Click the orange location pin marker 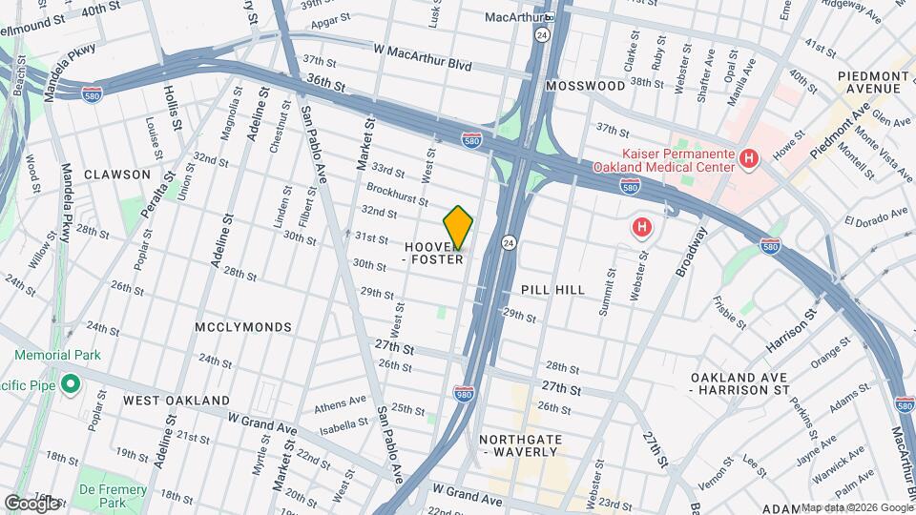pyautogui.click(x=458, y=228)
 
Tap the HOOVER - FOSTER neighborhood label pyautogui.click(x=434, y=253)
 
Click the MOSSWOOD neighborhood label pyautogui.click(x=585, y=86)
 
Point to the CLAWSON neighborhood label pyautogui.click(x=117, y=175)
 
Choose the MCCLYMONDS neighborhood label pyautogui.click(x=243, y=327)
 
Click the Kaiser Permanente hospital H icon pyautogui.click(x=749, y=158)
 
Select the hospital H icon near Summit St pyautogui.click(x=643, y=228)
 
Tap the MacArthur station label pyautogui.click(x=513, y=17)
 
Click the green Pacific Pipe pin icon pyautogui.click(x=69, y=384)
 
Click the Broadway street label pyautogui.click(x=693, y=252)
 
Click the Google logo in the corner pyautogui.click(x=31, y=503)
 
